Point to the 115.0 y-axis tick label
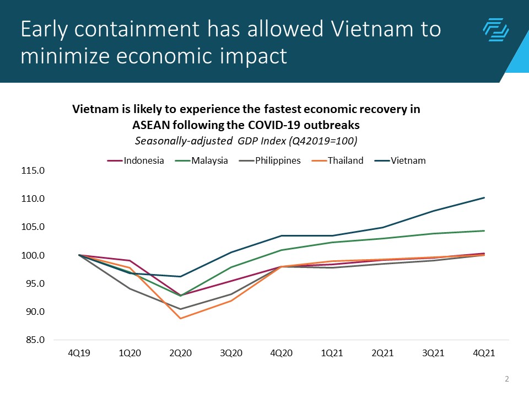(x=33, y=170)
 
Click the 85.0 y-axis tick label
(x=33, y=340)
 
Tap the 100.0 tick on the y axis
(x=33, y=255)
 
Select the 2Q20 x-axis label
(x=181, y=353)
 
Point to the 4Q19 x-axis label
(x=79, y=353)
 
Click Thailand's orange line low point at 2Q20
(x=181, y=318)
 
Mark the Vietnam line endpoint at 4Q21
(x=484, y=197)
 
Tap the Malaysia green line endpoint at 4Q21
(x=484, y=230)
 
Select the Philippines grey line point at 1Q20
(x=130, y=288)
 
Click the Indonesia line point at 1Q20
(x=130, y=260)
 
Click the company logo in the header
(x=495, y=30)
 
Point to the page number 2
(x=506, y=379)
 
